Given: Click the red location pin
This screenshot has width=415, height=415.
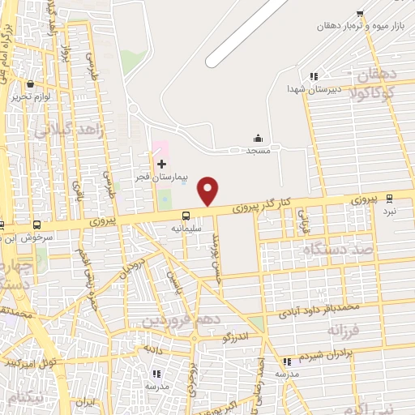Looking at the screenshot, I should (209, 190).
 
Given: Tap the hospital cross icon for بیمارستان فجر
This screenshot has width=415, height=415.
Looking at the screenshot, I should (161, 164).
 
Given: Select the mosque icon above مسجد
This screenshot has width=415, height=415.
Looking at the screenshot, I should (259, 138).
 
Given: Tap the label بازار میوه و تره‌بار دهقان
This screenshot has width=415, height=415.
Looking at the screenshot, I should (364, 26).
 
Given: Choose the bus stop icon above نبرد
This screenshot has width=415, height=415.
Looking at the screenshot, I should (390, 198).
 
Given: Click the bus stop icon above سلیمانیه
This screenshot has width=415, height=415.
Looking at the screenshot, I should (186, 216).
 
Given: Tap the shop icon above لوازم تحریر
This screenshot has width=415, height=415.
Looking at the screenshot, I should (31, 83).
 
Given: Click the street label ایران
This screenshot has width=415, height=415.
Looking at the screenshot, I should (85, 401).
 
